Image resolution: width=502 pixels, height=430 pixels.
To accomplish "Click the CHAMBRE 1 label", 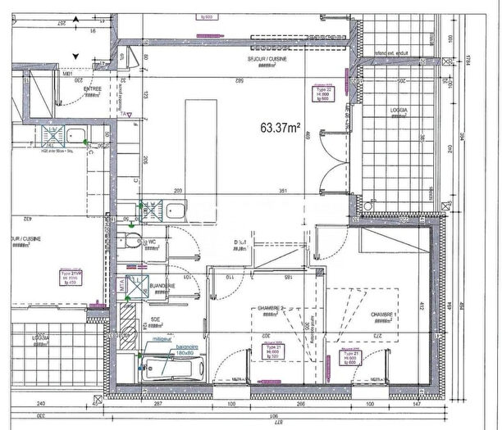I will [383, 315].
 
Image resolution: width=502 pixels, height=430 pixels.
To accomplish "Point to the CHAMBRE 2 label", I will [270, 308].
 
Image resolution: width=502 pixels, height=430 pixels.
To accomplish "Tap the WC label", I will [153, 242].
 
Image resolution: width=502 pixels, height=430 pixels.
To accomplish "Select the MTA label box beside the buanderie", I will [121, 286].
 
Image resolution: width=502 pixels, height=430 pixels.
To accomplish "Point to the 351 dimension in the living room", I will [281, 190].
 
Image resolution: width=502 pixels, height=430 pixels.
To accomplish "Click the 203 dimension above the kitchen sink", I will [178, 190].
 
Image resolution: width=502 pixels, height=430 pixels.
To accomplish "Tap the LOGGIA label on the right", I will [399, 107].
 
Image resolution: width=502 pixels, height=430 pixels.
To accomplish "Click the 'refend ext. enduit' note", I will [391, 53].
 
